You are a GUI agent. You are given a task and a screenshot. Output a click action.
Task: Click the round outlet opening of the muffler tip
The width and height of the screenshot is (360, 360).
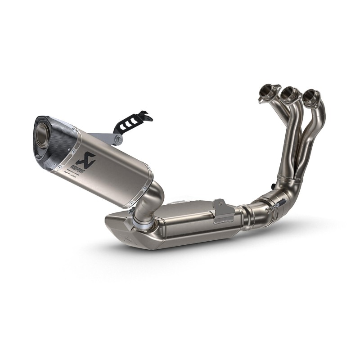[x=42, y=132]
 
